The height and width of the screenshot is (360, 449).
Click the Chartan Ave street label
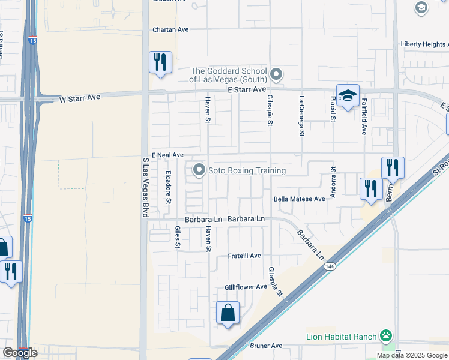click(170, 29)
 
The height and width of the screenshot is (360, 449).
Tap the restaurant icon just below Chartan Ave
click(160, 62)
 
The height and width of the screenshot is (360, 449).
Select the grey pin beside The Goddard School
click(276, 75)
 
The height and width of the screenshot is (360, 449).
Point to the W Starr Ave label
click(81, 97)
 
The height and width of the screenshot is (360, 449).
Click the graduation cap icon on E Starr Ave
click(348, 96)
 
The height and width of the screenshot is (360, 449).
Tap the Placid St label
click(333, 108)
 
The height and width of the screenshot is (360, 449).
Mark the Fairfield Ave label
click(364, 116)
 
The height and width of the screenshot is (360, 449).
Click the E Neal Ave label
click(167, 155)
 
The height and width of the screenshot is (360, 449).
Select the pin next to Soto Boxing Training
click(199, 171)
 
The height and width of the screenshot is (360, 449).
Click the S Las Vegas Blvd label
click(145, 187)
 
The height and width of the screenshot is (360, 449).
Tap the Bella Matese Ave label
click(299, 199)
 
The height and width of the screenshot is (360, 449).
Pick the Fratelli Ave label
click(244, 256)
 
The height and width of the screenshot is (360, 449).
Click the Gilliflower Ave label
click(246, 287)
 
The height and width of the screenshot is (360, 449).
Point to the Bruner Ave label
click(267, 346)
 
